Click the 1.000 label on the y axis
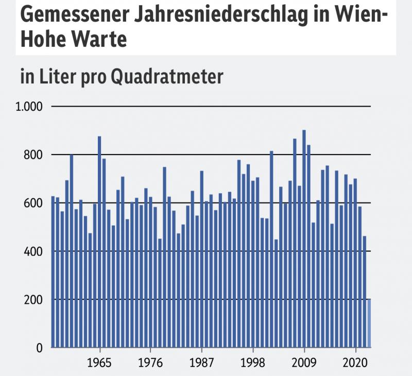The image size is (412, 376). pyautogui.click(x=30, y=107)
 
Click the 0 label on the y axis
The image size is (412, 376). pyautogui.click(x=39, y=348)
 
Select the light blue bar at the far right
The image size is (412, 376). pyautogui.click(x=369, y=323)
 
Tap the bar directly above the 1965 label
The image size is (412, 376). pyautogui.click(x=99, y=242)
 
